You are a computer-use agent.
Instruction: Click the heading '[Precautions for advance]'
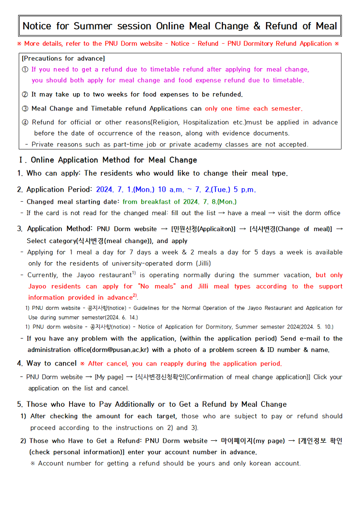coord(63,59)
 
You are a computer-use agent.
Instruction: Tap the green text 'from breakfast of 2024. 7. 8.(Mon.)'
coord(180,202)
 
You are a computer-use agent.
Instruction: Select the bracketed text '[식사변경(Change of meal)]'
coord(290,229)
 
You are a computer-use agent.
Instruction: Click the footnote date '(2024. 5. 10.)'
coord(312,327)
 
